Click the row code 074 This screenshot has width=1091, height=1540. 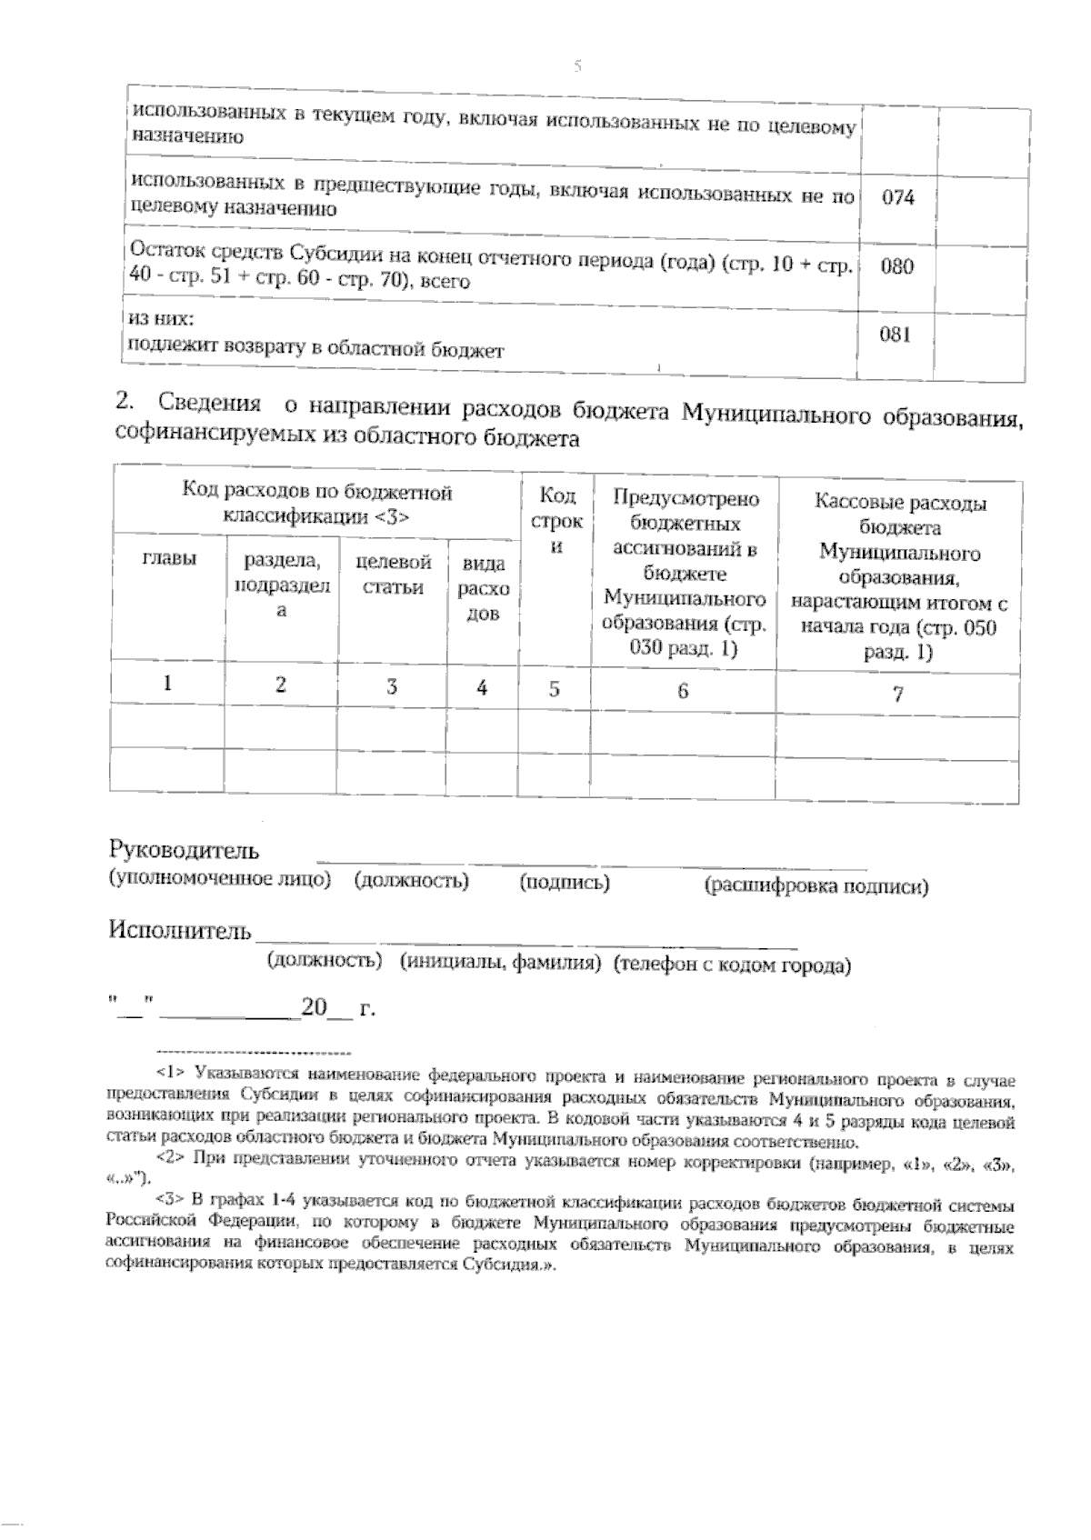[x=898, y=197]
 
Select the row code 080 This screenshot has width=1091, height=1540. [x=897, y=267]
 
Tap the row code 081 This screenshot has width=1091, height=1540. [x=896, y=335]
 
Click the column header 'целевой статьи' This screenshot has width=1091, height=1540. [x=393, y=575]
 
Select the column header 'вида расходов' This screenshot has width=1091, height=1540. [x=482, y=588]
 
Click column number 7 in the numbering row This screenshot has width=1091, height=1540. [x=897, y=695]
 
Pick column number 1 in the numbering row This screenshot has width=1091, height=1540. [x=169, y=685]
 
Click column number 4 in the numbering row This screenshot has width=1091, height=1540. [x=482, y=688]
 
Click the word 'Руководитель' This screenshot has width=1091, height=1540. [x=185, y=851]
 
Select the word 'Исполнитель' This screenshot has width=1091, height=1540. [x=179, y=930]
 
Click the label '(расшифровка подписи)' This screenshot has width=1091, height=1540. [x=816, y=886]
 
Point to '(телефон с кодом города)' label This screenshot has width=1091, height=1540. [x=732, y=965]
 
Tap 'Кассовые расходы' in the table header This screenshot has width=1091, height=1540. [x=898, y=503]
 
